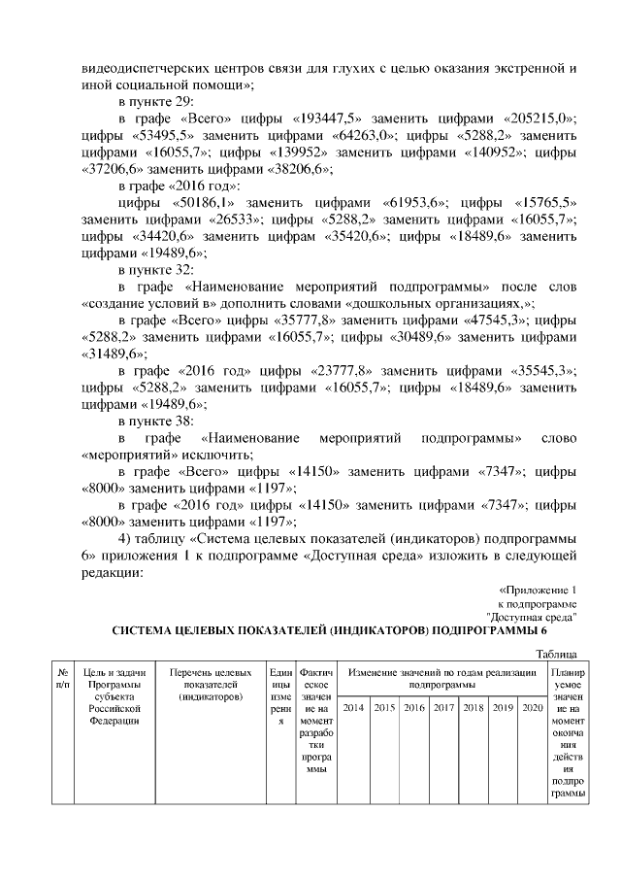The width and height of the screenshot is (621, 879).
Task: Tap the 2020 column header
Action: [x=532, y=707]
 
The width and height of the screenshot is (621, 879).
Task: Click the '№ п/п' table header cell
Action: [x=62, y=678]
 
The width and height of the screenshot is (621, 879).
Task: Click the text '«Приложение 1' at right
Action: [x=538, y=590]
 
